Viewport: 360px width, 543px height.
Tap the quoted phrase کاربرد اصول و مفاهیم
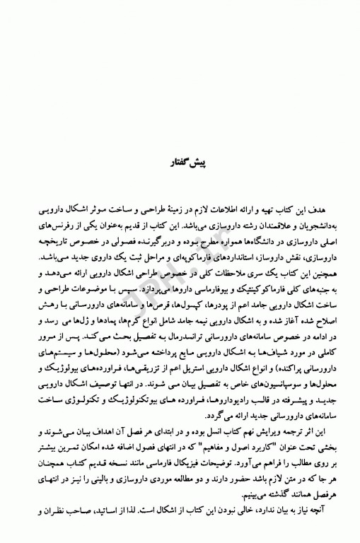224,457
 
